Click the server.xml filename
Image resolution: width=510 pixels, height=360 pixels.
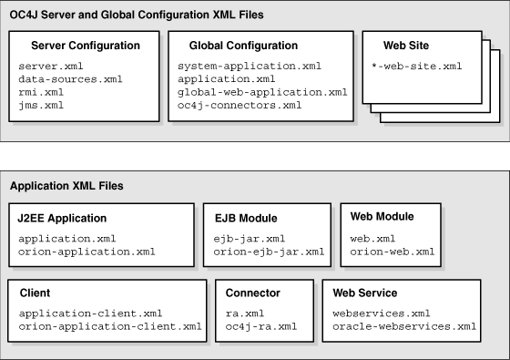click(x=45, y=67)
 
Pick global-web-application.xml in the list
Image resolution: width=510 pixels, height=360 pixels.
click(x=262, y=92)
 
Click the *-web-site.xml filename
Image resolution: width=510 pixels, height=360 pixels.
click(x=417, y=67)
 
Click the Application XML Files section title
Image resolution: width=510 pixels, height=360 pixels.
click(x=66, y=186)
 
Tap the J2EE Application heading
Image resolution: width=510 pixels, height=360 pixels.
click(x=62, y=218)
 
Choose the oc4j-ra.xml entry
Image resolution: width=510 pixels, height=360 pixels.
click(x=256, y=325)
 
